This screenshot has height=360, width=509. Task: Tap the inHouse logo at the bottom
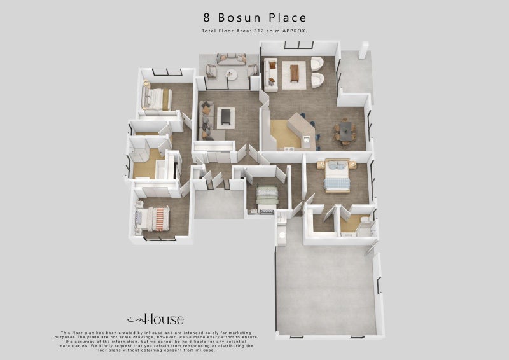(156, 319)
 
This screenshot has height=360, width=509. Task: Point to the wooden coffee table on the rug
(295, 73)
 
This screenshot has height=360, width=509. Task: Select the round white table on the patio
(232, 75)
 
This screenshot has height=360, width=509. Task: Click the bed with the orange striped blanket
(153, 219)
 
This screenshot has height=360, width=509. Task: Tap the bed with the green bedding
(267, 197)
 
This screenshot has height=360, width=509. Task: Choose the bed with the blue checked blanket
(336, 176)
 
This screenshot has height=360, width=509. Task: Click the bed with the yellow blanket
(157, 99)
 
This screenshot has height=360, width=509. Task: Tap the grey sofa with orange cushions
(207, 120)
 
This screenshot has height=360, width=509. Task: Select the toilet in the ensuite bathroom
(364, 223)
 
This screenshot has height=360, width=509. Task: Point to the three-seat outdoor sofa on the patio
(232, 59)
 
